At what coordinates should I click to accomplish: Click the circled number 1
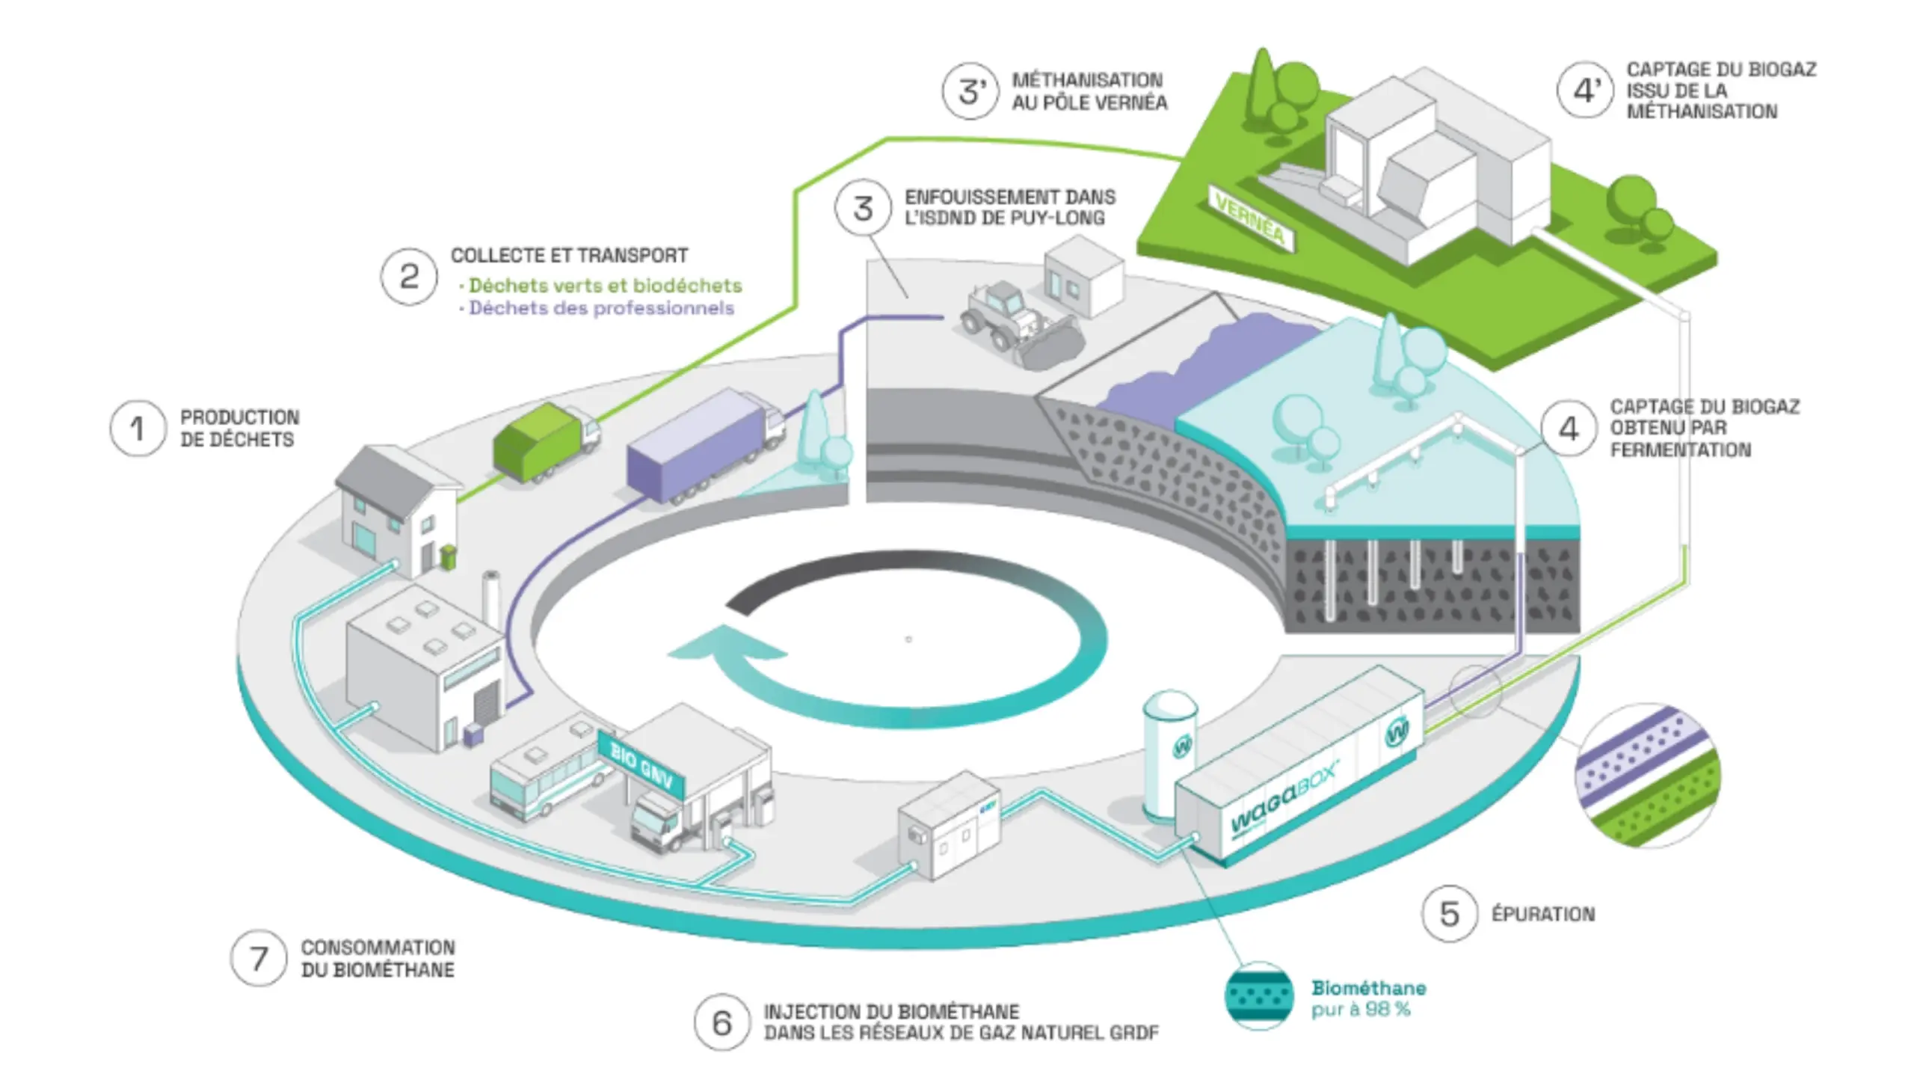[138, 429]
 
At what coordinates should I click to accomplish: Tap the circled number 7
[259, 958]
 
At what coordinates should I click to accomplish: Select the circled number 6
[722, 1022]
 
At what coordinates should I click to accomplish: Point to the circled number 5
[1450, 914]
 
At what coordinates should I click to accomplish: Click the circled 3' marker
[970, 90]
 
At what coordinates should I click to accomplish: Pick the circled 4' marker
[1586, 90]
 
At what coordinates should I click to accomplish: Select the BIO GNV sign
[641, 763]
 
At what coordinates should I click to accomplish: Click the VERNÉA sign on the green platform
[1251, 218]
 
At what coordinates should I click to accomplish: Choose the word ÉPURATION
[1543, 914]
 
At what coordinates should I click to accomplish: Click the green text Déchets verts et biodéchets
[605, 286]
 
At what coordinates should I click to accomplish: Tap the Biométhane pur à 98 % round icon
[1259, 996]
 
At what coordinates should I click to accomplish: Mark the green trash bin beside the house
[448, 557]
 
